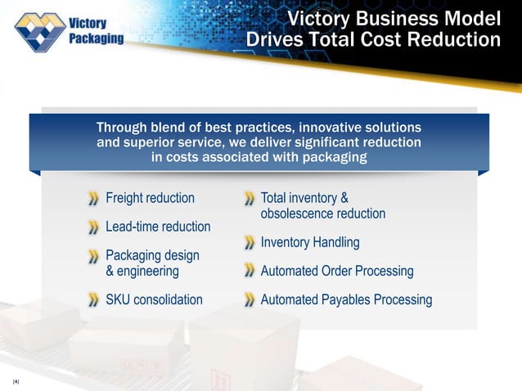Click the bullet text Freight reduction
[x=150, y=198]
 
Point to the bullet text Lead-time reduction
[x=158, y=227]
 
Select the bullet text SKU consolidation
[x=154, y=299]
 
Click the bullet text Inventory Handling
[x=309, y=243]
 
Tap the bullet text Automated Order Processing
[x=336, y=271]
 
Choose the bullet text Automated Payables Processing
[x=345, y=299]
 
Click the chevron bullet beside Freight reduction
[x=94, y=199]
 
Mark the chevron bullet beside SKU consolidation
[x=94, y=300]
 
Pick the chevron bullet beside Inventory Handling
[x=249, y=244]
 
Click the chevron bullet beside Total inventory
[x=249, y=199]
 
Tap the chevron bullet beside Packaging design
[x=94, y=256]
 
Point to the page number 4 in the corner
[x=16, y=381]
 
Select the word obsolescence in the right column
[x=299, y=213]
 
